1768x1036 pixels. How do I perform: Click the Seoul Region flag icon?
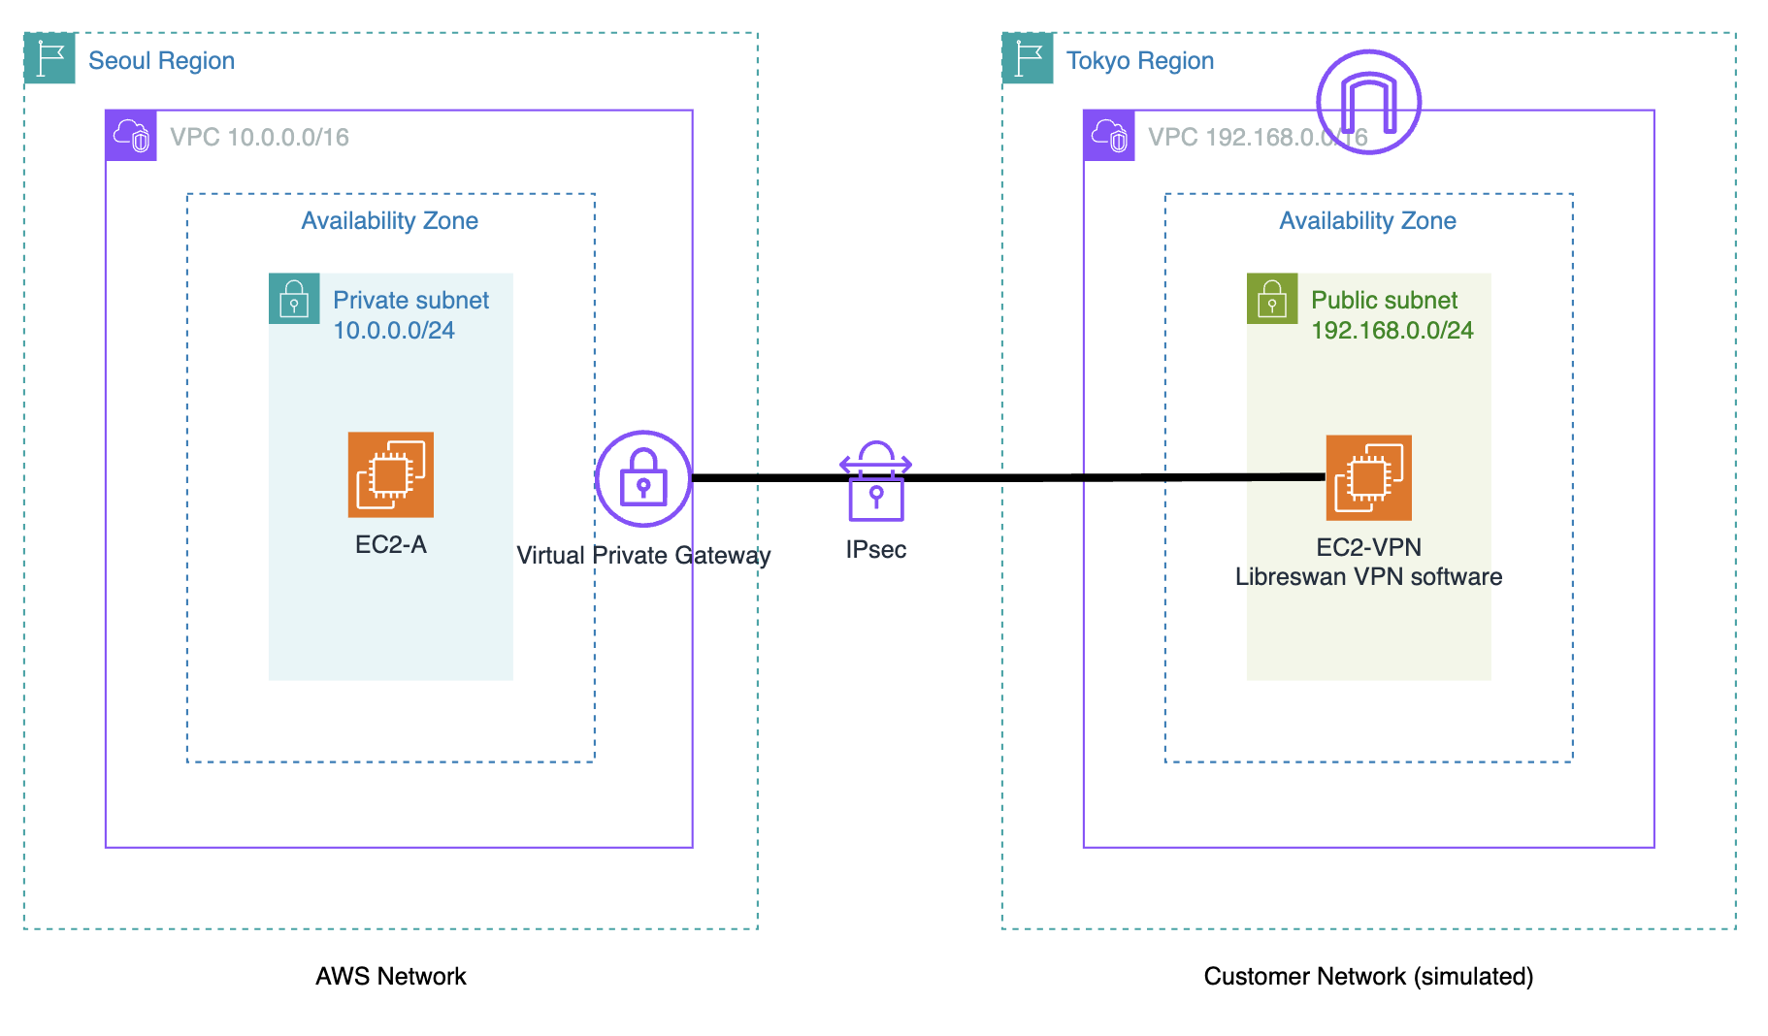49,58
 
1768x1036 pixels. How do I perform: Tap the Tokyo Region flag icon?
1028,58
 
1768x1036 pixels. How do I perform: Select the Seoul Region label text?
161,60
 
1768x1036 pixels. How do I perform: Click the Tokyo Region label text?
1139,60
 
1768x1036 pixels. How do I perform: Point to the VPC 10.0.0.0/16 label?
259,137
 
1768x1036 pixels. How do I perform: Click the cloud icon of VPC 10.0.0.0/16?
131,136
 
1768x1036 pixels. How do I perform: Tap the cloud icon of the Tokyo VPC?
1109,136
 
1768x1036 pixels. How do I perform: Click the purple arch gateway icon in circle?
1368,102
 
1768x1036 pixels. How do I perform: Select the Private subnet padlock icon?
294,299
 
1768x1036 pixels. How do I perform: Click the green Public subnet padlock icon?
1272,299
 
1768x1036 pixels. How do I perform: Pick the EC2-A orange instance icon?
391,474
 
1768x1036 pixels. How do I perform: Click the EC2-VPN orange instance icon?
1368,477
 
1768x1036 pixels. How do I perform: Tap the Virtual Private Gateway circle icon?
643,478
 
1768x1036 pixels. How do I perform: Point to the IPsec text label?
875,550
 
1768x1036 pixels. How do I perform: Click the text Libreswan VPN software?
1368,577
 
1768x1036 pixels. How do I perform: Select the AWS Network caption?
391,976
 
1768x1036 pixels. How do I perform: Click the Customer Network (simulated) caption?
1368,976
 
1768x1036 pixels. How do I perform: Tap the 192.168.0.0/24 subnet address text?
1391,331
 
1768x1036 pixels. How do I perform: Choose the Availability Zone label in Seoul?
390,221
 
